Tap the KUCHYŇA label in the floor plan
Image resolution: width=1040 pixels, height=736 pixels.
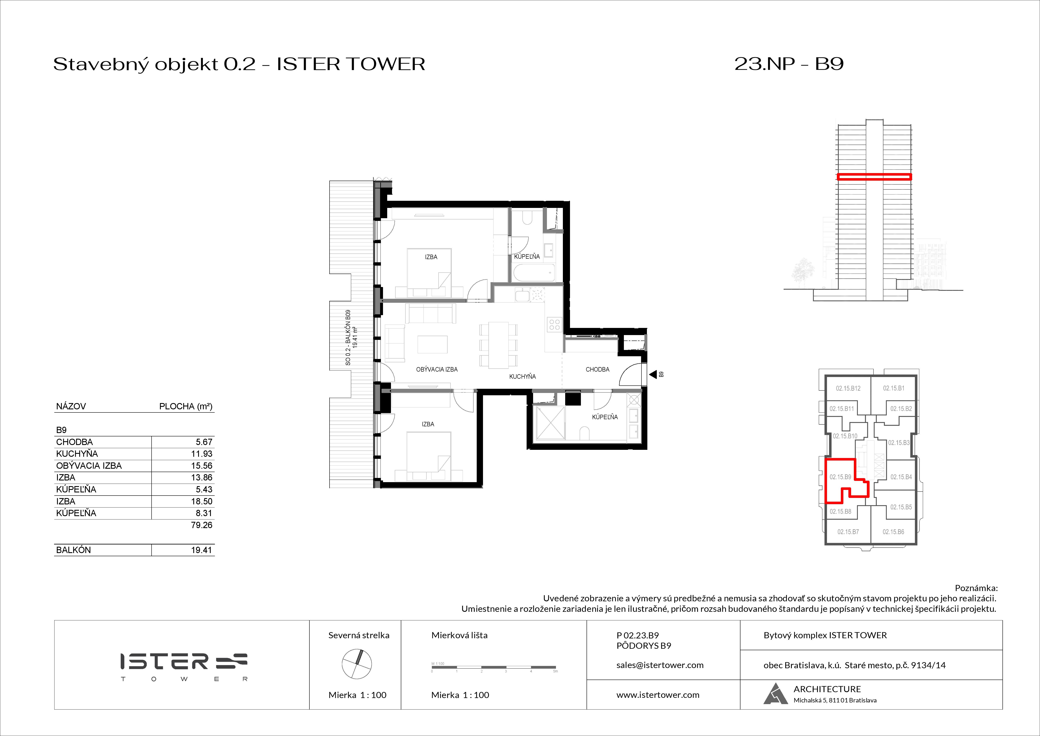pyautogui.click(x=522, y=376)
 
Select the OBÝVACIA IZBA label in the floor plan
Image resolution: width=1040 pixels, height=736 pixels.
pyautogui.click(x=437, y=369)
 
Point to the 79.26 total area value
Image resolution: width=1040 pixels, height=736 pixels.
pyautogui.click(x=202, y=525)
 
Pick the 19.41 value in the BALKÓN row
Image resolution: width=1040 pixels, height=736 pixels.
pyautogui.click(x=202, y=550)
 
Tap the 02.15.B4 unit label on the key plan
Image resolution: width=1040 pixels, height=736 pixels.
pyautogui.click(x=901, y=477)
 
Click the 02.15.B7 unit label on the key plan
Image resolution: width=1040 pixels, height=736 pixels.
pyautogui.click(x=848, y=532)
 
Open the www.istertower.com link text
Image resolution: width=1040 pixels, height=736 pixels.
pyautogui.click(x=658, y=695)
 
